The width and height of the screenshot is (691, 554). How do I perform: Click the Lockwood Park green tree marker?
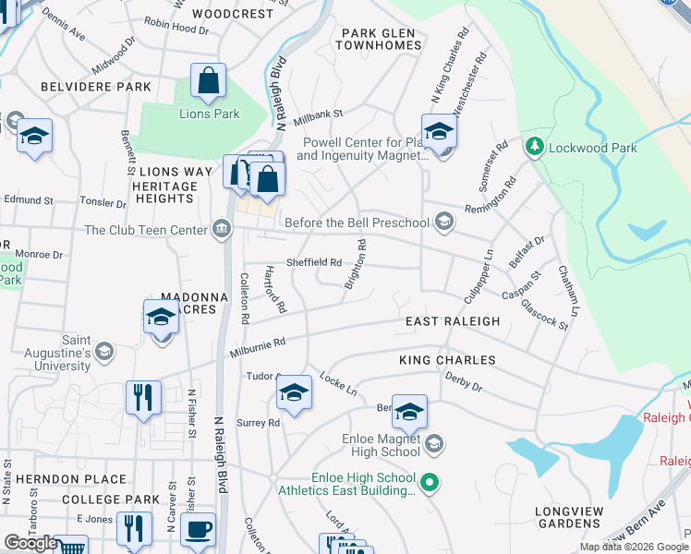click(534, 147)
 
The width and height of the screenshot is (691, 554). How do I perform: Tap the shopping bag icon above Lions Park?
click(209, 82)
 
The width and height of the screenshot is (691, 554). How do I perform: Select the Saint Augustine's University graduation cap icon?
click(104, 351)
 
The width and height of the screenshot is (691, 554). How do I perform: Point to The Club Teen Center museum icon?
click(221, 229)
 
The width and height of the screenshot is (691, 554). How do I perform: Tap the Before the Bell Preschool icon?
click(444, 222)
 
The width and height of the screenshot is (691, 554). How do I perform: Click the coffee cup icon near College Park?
click(197, 530)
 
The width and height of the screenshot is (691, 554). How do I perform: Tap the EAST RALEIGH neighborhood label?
click(453, 321)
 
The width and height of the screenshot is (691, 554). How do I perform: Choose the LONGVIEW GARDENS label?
click(573, 517)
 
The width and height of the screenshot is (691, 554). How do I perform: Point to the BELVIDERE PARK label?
click(95, 87)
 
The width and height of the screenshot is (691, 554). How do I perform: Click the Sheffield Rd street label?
click(314, 261)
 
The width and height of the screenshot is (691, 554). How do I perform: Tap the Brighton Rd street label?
click(357, 265)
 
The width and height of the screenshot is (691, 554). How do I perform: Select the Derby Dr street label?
click(464, 382)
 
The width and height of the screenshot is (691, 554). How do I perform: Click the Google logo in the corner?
click(30, 543)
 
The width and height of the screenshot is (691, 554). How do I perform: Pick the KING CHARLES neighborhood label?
click(447, 359)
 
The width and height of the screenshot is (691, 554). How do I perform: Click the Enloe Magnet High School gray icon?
click(434, 445)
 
